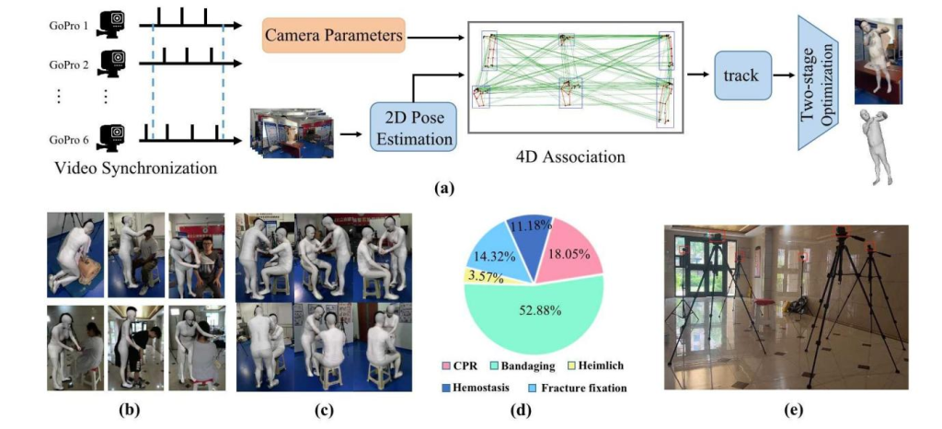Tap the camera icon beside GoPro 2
(113, 64)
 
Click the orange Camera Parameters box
(334, 36)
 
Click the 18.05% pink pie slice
(571, 249)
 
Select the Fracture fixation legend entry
(580, 388)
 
